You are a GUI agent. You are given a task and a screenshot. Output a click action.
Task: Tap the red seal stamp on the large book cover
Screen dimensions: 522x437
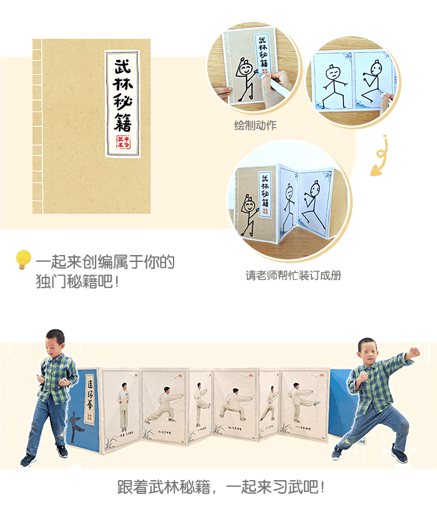point(123,143)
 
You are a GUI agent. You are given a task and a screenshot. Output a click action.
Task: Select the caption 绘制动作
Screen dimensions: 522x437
point(255,126)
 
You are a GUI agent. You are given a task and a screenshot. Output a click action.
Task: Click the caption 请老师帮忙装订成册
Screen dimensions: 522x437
point(293,275)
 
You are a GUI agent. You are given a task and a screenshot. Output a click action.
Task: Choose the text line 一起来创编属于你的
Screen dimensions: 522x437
point(105,261)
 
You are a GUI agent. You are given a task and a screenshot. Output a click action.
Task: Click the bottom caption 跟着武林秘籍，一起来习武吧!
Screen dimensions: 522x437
point(222,487)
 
